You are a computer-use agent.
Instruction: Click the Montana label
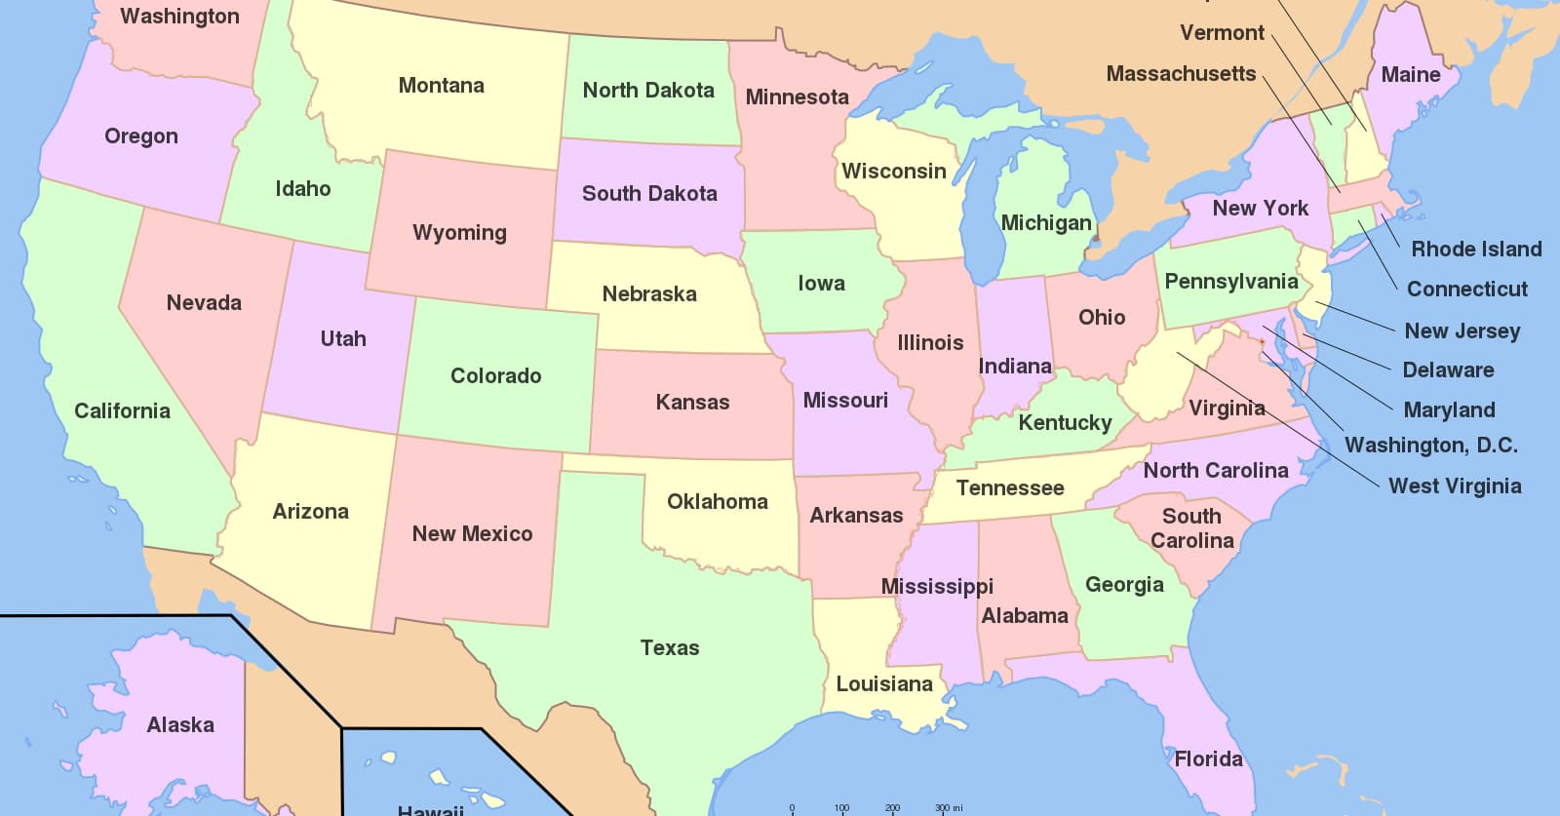pos(441,86)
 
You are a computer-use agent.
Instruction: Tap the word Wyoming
pos(459,233)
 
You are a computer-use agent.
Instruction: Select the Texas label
pos(669,647)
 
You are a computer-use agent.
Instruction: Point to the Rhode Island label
pos(1476,249)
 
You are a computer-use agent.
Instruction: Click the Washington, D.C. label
pos(1430,446)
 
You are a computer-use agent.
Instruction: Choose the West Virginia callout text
pos(1454,486)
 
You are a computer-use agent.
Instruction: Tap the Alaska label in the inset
pos(180,724)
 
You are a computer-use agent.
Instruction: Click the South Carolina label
pos(1191,528)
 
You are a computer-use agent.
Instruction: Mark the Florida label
pos(1208,758)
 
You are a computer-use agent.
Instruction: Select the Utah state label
pos(343,339)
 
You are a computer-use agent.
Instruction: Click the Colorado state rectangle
pos(496,375)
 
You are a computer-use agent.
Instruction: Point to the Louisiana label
pos(884,684)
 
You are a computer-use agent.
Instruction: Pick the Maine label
pos(1410,75)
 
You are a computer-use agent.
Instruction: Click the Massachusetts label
pos(1181,74)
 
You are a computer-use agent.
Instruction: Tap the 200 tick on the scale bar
pos(892,807)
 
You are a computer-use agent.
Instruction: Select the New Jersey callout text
pos(1462,330)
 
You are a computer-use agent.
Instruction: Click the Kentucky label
pos(1065,423)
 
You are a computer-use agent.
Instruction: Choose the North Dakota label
pos(648,91)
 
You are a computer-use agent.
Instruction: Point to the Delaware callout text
pos(1447,369)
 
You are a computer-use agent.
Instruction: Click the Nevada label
pos(204,303)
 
